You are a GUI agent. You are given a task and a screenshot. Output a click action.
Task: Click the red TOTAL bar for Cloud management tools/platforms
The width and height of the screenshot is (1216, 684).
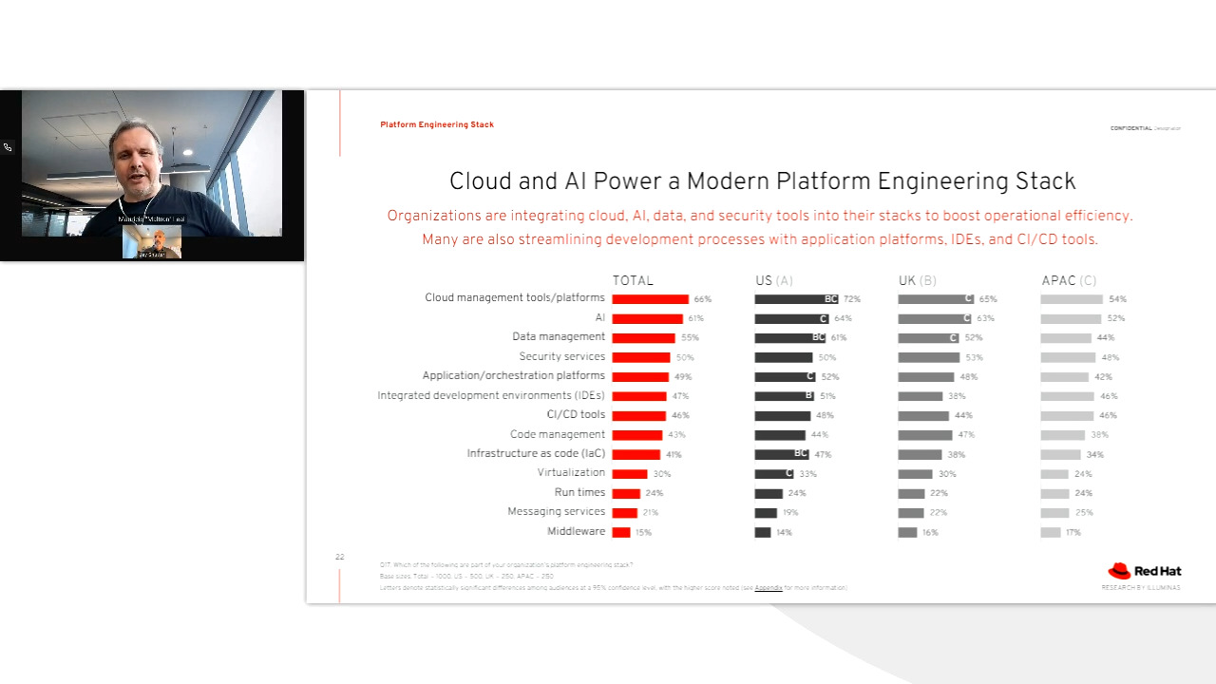(x=650, y=299)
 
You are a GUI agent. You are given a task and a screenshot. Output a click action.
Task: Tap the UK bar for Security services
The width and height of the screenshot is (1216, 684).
(x=928, y=358)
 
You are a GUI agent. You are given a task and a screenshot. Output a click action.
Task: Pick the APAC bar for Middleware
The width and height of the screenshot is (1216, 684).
(x=1050, y=533)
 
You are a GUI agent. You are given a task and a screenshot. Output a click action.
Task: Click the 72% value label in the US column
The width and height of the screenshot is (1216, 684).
(x=851, y=299)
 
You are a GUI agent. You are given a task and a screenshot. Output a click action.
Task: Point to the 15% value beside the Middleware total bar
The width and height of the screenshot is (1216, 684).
(x=643, y=533)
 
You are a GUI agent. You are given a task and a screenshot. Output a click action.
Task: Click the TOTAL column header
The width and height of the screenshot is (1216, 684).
(x=633, y=281)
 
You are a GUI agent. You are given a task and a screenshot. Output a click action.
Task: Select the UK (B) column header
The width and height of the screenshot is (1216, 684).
(x=917, y=281)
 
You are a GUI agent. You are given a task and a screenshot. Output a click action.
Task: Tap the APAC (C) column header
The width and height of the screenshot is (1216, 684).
(x=1069, y=281)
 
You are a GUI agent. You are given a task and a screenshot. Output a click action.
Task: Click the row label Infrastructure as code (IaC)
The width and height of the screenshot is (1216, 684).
(x=536, y=454)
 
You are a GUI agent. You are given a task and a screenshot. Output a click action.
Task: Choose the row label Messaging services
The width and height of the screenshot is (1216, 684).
(x=556, y=512)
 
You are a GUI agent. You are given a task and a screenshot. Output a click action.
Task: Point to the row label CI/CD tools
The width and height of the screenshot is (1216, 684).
(x=576, y=415)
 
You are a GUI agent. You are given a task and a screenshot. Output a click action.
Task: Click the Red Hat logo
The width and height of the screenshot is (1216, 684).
(x=1145, y=571)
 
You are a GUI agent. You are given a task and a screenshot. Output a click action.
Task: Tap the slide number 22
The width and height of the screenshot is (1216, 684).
(x=339, y=557)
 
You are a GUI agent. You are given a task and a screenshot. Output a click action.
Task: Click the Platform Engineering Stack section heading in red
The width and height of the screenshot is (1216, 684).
(x=437, y=124)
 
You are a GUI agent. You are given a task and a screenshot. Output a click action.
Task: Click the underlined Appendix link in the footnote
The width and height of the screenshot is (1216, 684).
(x=769, y=588)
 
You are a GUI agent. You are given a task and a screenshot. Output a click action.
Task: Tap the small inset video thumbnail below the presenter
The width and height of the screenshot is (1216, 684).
(x=152, y=242)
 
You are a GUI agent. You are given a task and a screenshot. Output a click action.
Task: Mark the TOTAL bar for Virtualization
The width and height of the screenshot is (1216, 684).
(x=629, y=474)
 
